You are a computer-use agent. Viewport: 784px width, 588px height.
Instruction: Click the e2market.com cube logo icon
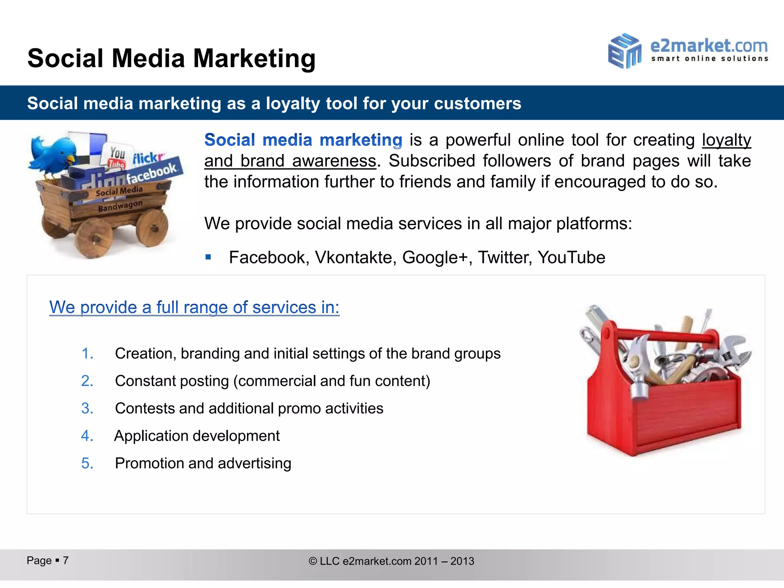click(624, 51)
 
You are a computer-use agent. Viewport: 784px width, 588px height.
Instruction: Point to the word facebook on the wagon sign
click(152, 173)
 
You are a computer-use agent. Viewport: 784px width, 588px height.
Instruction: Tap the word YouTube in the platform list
click(571, 257)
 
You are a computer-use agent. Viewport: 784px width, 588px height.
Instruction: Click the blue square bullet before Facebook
click(208, 257)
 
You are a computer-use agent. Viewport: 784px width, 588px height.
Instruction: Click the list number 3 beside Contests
click(87, 408)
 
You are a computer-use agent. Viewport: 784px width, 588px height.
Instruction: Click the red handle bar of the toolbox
click(666, 335)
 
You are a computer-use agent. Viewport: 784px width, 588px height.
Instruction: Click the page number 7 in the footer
click(66, 560)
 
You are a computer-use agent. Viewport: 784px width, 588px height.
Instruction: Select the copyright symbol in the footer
click(313, 561)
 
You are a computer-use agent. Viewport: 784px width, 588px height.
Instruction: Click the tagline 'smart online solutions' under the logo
click(710, 59)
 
